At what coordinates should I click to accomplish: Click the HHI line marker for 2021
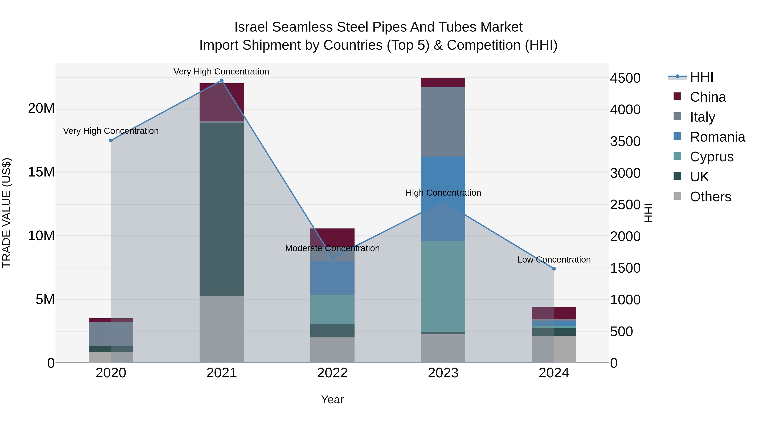[x=222, y=81]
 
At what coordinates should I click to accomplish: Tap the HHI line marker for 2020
[x=111, y=141]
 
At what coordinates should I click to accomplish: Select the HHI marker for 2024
[x=554, y=269]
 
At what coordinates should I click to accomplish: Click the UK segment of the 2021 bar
[x=222, y=209]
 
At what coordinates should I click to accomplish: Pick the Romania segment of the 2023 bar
[x=443, y=199]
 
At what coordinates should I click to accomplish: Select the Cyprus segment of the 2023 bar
[x=443, y=287]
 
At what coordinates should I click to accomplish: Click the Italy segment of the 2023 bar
[x=443, y=122]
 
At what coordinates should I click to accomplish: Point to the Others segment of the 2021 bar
[x=222, y=329]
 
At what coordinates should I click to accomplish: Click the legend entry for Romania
[x=717, y=137]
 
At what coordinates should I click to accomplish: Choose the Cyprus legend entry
[x=711, y=157]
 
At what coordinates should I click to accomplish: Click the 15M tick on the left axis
[x=41, y=172]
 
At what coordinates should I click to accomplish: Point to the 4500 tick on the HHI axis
[x=625, y=78]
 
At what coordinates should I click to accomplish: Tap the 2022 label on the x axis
[x=332, y=373]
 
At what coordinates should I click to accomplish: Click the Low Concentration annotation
[x=554, y=260]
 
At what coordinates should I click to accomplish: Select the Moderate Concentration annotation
[x=332, y=248]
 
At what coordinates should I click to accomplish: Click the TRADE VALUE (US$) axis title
[x=7, y=213]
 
